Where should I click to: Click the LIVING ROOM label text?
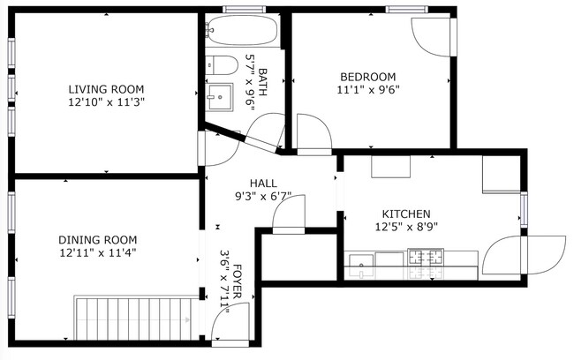[106, 89]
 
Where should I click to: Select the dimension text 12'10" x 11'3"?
[106, 101]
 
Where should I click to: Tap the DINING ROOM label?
[97, 240]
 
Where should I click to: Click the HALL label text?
[262, 183]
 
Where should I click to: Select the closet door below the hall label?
[288, 217]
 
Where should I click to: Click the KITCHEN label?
[405, 214]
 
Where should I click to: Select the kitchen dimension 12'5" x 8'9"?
[405, 227]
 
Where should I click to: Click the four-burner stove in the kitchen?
[426, 259]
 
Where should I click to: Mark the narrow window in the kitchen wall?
[523, 209]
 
